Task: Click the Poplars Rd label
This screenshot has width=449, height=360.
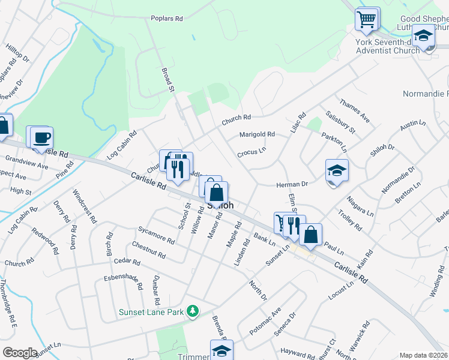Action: (167, 19)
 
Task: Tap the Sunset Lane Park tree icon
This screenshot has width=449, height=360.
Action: (193, 311)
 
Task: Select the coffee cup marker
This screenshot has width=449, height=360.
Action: (42, 137)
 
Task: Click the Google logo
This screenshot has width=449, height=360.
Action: (20, 353)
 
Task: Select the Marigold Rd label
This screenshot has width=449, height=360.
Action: (257, 134)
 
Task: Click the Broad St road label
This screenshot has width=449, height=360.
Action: (167, 80)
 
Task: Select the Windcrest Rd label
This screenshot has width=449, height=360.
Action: (84, 206)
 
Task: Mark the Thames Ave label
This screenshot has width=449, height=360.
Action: (355, 112)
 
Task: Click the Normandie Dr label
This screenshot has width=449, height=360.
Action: (397, 182)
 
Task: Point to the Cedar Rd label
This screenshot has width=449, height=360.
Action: (127, 262)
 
